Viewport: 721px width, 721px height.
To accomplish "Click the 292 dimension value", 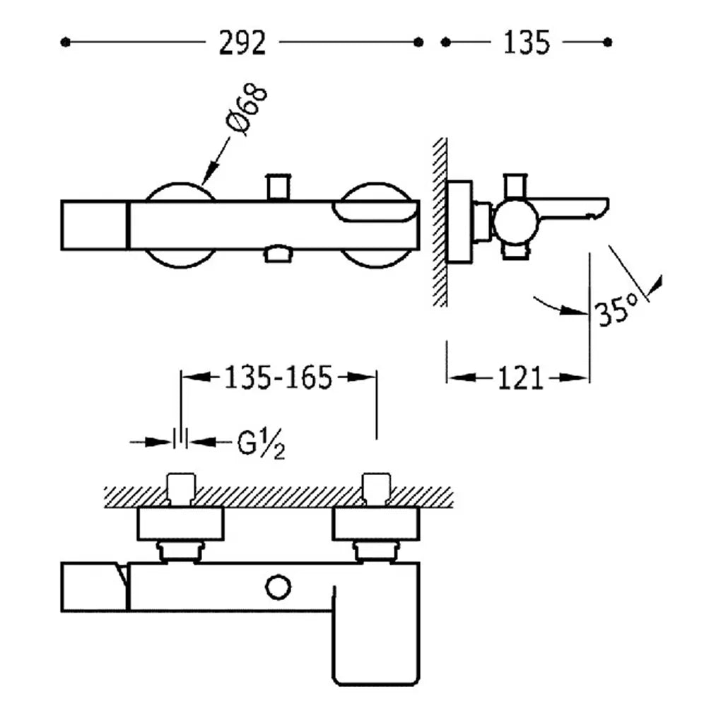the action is (242, 43).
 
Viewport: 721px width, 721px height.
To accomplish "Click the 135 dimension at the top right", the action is (527, 42).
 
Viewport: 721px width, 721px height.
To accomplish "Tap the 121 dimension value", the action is (520, 378).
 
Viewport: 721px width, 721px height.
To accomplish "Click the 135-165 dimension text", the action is (278, 377).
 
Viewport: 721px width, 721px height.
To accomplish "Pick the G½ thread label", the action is (261, 444).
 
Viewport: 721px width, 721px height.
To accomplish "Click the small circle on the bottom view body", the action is (279, 587).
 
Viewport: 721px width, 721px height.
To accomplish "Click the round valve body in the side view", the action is (516, 222).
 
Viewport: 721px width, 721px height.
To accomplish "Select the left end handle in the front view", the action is (94, 225).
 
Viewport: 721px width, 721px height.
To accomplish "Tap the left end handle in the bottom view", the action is (94, 587).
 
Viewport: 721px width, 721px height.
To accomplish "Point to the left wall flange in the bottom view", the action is (181, 523).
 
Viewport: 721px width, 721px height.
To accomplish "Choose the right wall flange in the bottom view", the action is (375, 523).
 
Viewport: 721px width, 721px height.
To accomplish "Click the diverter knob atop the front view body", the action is (279, 187).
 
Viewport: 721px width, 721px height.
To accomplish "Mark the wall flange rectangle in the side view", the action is (459, 222).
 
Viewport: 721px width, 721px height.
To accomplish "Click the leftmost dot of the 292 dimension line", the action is (65, 42).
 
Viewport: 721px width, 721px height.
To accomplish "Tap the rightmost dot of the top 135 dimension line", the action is (607, 42).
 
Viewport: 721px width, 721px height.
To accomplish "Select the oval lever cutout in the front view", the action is (377, 211).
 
